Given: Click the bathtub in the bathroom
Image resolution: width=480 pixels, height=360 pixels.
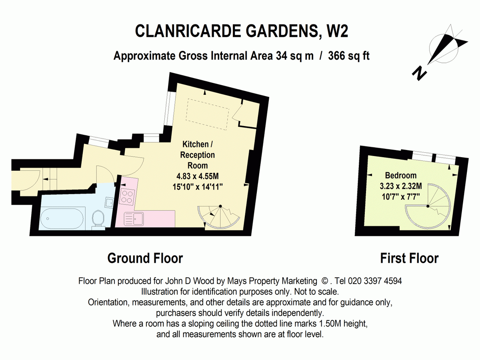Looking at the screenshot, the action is coord(62,218).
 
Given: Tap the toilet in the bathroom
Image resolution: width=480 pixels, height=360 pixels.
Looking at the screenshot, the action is coord(98,220).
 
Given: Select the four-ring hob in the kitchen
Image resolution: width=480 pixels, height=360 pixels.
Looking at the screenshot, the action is coord(128,196).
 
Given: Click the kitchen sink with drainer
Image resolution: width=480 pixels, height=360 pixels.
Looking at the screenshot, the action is coord(134,219).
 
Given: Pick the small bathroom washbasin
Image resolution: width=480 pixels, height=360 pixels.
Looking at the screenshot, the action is coord(109,202).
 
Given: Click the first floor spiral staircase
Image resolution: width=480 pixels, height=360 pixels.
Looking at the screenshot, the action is coord(428,206).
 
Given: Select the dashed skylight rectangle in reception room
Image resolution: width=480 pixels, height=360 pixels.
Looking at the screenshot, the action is coord(208,114).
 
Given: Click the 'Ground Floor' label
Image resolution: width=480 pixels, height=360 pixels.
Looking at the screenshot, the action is coord(145,258).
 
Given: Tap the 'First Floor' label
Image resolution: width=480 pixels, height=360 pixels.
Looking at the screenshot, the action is coord(409,258).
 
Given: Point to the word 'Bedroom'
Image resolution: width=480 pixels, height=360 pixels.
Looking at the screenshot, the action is coord(401,175).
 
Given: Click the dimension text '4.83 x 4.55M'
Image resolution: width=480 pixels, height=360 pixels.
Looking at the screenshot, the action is coord(198,176).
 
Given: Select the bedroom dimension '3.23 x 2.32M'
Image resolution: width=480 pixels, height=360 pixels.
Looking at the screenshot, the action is coord(401,186).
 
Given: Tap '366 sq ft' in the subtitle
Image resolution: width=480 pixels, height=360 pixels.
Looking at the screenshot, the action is coord(348,56).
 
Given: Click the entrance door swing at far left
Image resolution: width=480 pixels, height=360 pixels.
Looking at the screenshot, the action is coord(30,180).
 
